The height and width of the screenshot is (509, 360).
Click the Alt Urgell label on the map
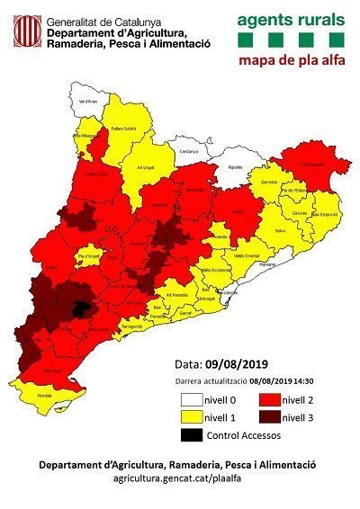[x=147, y=167]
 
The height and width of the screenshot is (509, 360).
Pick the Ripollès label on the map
[x=236, y=168]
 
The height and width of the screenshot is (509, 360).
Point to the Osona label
[x=238, y=211]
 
